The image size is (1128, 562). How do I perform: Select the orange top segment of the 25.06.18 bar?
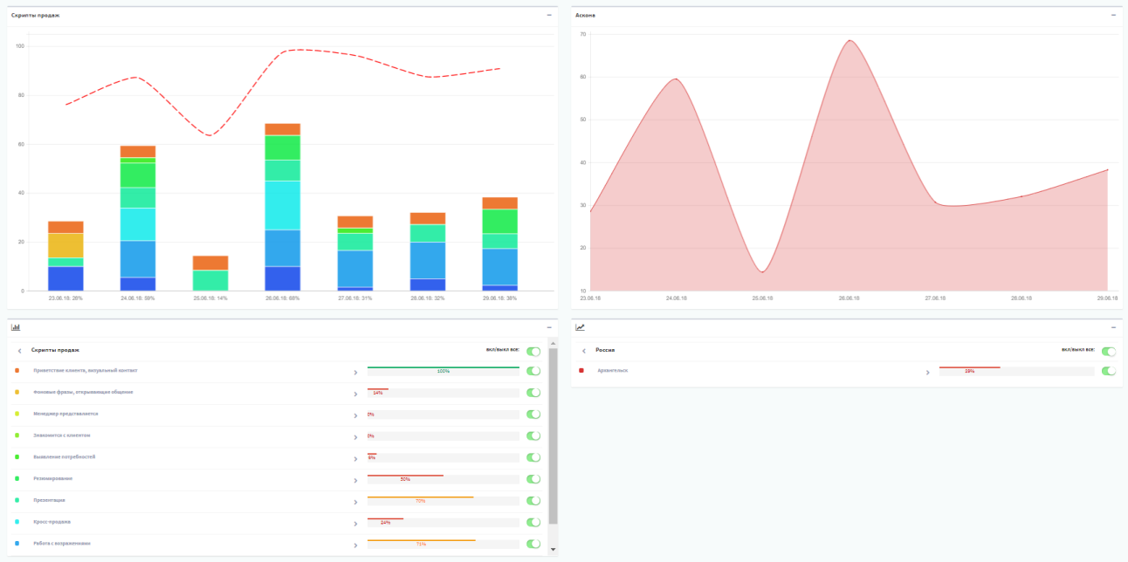point(210,263)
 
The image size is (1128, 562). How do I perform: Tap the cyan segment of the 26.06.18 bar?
point(282,205)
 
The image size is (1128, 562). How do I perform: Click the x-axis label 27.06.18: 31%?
point(354,298)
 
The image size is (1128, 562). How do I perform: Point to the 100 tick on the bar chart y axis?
point(19,45)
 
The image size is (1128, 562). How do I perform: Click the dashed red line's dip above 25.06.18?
point(210,134)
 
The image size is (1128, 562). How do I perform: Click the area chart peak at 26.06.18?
point(849,41)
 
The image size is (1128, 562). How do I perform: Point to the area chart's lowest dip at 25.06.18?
point(762,271)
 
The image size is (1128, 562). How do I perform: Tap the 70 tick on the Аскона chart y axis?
point(581,34)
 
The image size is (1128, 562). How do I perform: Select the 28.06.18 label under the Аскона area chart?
point(1021,298)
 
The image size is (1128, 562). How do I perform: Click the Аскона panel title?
point(585,15)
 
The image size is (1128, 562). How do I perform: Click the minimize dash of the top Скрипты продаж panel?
point(549,15)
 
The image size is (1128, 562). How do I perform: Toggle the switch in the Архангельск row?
point(1109,371)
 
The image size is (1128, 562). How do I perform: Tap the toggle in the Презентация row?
point(533,501)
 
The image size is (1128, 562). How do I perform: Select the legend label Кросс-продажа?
point(52,522)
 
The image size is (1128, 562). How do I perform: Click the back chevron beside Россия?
point(584,351)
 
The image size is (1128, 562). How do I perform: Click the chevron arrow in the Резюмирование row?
point(354,480)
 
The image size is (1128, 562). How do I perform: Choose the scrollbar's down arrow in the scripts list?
point(553,549)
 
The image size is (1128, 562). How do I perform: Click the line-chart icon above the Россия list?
point(581,327)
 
